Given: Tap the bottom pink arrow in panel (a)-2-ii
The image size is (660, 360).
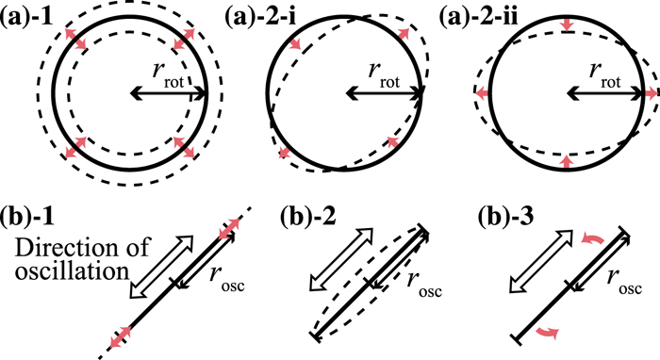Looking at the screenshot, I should point(565,163).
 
